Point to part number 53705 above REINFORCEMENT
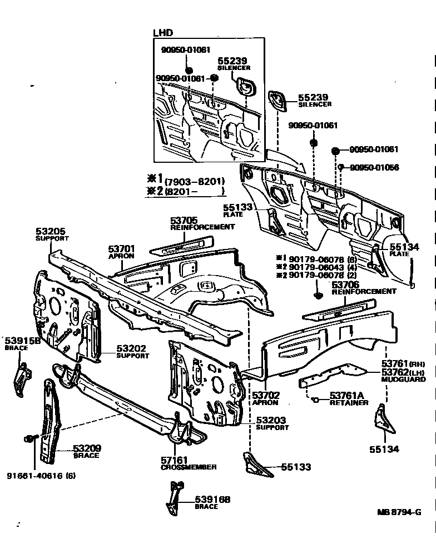(x=184, y=220)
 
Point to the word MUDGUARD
(x=403, y=380)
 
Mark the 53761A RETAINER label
(x=348, y=398)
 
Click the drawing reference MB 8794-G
(x=399, y=512)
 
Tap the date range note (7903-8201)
(x=194, y=181)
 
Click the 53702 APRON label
(x=266, y=398)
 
